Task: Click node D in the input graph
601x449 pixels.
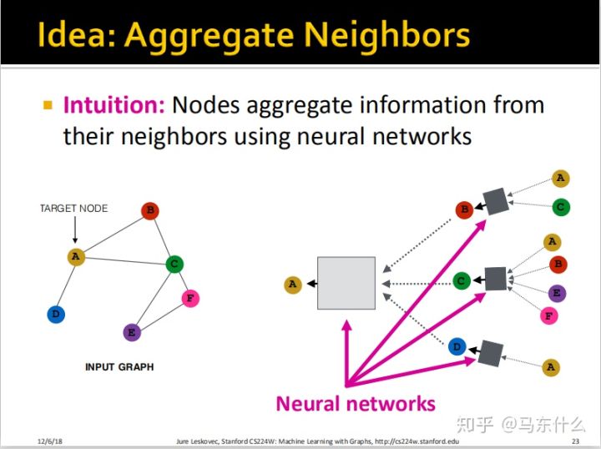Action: tap(56, 314)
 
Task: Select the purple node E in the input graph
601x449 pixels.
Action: tap(131, 332)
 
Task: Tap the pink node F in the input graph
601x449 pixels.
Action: tap(191, 298)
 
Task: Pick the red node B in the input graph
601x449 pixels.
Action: tap(150, 211)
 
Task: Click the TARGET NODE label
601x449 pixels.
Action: tap(73, 208)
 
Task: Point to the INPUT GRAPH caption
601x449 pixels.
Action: tap(119, 366)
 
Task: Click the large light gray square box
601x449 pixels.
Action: tap(346, 284)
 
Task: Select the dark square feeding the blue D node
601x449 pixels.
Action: tap(489, 353)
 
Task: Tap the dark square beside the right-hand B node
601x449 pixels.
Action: tap(497, 201)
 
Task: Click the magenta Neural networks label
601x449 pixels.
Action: tap(356, 404)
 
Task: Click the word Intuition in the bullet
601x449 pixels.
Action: tap(114, 105)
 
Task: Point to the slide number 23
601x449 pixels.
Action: tap(575, 440)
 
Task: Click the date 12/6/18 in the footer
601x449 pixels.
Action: tap(51, 440)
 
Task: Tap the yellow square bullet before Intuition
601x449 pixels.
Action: tap(48, 105)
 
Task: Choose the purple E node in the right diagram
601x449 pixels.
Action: tap(558, 293)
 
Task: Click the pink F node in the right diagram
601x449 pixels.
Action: tap(549, 316)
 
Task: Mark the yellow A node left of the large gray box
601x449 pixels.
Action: tap(292, 285)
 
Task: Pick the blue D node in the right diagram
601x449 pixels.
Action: tap(457, 346)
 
